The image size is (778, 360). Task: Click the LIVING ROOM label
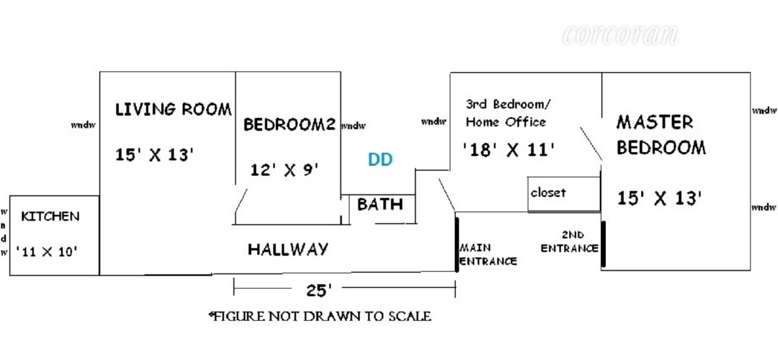pyautogui.click(x=173, y=109)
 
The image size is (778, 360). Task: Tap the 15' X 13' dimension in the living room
pyautogui.click(x=155, y=155)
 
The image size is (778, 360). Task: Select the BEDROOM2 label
pyautogui.click(x=289, y=125)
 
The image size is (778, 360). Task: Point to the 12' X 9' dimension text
pyautogui.click(x=284, y=170)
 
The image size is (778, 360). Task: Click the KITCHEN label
pyautogui.click(x=50, y=217)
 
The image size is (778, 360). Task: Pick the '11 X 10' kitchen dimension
pyautogui.click(x=47, y=252)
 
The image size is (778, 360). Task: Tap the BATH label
pyautogui.click(x=380, y=205)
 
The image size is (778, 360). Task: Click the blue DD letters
pyautogui.click(x=380, y=160)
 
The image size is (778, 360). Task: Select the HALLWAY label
pyautogui.click(x=288, y=249)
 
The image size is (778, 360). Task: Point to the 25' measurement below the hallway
pyautogui.click(x=319, y=291)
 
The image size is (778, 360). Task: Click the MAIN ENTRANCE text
pyautogui.click(x=488, y=255)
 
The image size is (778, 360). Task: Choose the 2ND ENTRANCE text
pyautogui.click(x=570, y=242)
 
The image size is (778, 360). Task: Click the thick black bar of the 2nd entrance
pyautogui.click(x=604, y=244)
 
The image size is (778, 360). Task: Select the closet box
pyautogui.click(x=564, y=194)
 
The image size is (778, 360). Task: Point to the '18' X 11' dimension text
pyautogui.click(x=508, y=149)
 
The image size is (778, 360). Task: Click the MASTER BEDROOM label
pyautogui.click(x=661, y=135)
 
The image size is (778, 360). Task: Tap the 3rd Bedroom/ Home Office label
pyautogui.click(x=506, y=113)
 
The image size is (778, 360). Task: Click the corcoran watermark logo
pyautogui.click(x=619, y=34)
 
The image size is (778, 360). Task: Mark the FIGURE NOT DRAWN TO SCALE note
pyautogui.click(x=320, y=316)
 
